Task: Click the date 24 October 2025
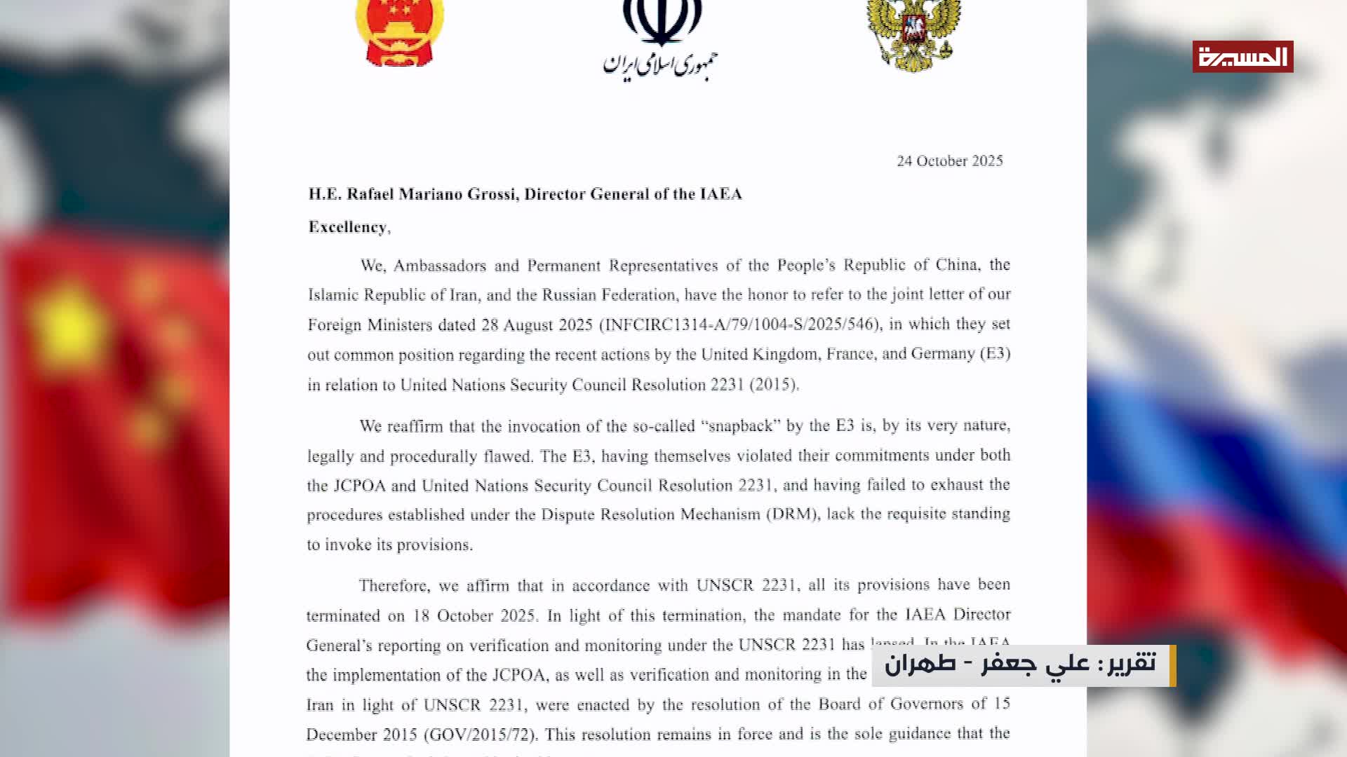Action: click(949, 161)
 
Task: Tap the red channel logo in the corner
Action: click(1242, 57)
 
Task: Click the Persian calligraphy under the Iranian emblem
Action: click(660, 64)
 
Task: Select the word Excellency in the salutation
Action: click(347, 227)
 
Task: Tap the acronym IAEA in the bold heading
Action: click(721, 194)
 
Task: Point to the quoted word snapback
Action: click(740, 426)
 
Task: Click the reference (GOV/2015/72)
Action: click(481, 735)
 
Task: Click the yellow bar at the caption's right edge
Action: click(1172, 665)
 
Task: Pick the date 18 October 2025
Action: click(474, 616)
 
